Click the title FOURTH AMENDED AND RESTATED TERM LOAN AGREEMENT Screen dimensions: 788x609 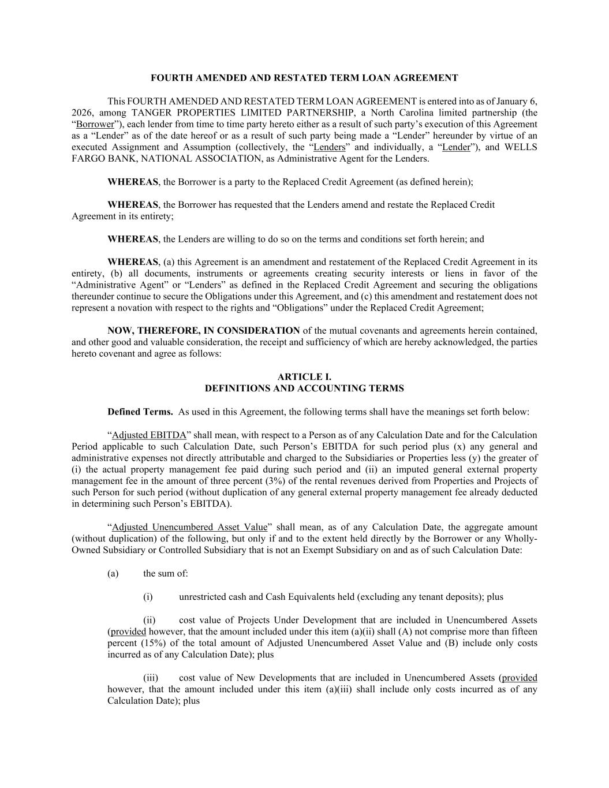pyautogui.click(x=304, y=78)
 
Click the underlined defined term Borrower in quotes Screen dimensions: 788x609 pyautogui.click(x=95, y=124)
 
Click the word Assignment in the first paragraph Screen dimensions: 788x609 pyautogui.click(x=126, y=147)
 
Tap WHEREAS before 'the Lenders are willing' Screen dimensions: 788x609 pyautogui.click(x=133, y=239)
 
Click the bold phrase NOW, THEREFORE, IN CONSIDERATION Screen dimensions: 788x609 pyautogui.click(x=204, y=331)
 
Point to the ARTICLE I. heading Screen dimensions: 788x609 pyautogui.click(x=304, y=377)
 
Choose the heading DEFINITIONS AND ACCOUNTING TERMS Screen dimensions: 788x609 pyautogui.click(x=304, y=389)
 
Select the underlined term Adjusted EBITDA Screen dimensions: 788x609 pyautogui.click(x=149, y=435)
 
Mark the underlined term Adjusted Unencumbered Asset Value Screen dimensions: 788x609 pyautogui.click(x=189, y=527)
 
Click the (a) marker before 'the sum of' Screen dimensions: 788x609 pyautogui.click(x=113, y=573)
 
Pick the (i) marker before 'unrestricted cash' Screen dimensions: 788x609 pyautogui.click(x=148, y=596)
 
